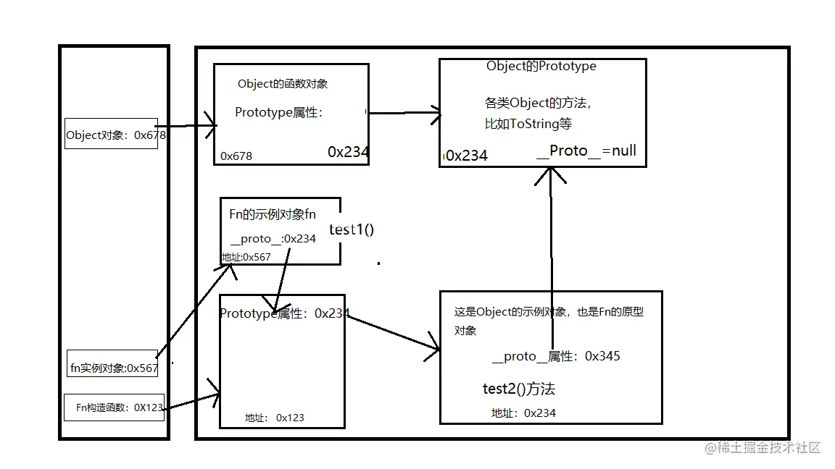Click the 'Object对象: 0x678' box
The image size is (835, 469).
pos(111,135)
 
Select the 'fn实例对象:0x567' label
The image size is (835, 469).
pos(114,368)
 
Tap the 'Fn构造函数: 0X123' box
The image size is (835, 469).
pos(115,407)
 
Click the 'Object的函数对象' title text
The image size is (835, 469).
pos(283,84)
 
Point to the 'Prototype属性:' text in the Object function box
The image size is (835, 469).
pos(278,113)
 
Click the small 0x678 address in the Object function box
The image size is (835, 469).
pos(236,156)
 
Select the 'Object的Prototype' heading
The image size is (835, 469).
pos(541,66)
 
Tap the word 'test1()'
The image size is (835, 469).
pos(352,230)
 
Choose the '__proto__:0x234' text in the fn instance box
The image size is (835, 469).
pos(273,239)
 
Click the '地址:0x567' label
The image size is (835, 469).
pos(246,257)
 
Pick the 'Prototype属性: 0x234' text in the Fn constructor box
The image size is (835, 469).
pos(284,313)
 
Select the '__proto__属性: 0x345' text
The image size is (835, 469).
pos(555,356)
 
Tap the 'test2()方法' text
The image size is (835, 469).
pos(518,389)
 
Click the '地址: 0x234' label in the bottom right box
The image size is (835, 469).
pos(523,413)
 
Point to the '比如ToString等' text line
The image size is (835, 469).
pos(528,124)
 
